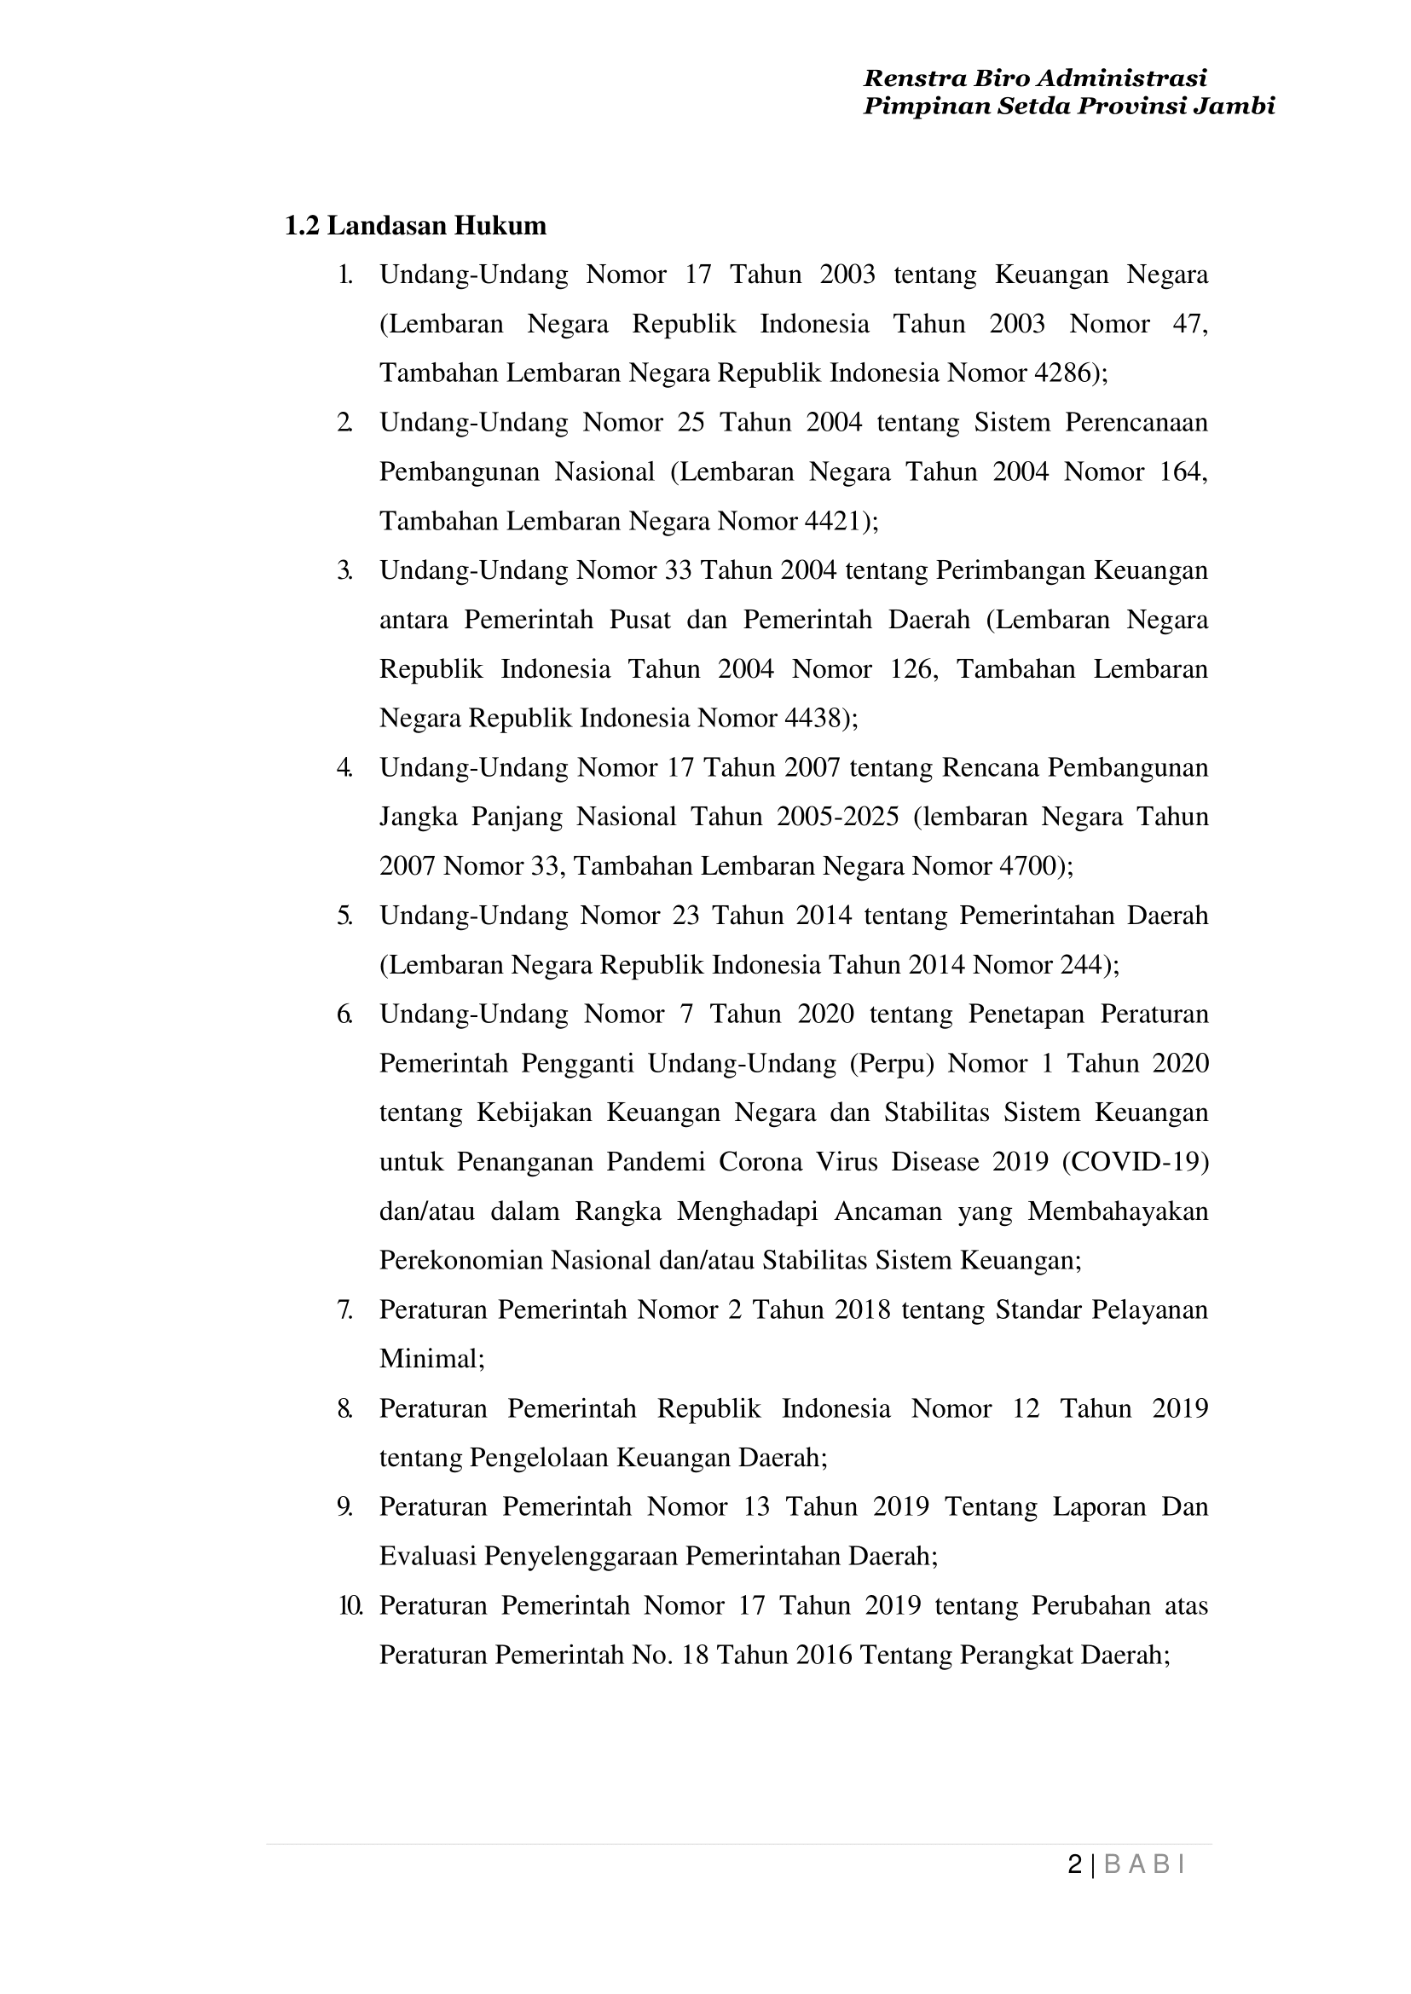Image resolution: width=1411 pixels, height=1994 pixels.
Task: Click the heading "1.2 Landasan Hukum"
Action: pos(415,226)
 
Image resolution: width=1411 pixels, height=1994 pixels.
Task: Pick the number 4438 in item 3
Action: pos(812,719)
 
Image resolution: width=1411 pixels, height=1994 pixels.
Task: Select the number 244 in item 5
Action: pos(1081,965)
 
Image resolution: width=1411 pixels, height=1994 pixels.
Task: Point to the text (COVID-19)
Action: pos(1136,1163)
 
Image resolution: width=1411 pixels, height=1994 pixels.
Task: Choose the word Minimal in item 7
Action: pos(428,1359)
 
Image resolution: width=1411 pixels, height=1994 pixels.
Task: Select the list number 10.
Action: pos(350,1605)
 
